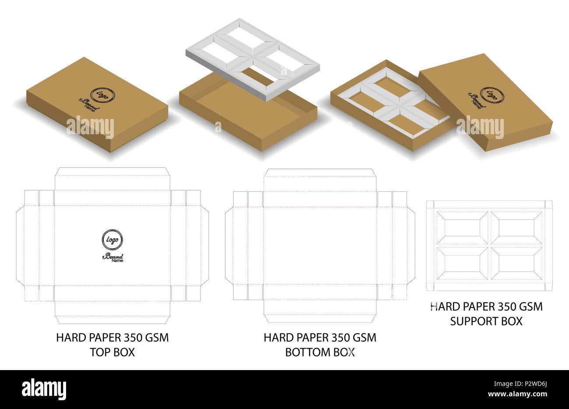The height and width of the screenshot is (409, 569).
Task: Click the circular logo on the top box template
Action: coord(112,240)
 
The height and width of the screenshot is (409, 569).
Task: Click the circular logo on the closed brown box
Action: coord(103,96)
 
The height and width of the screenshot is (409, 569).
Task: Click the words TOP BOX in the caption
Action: coord(112,353)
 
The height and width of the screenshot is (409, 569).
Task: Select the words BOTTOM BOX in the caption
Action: coord(320,353)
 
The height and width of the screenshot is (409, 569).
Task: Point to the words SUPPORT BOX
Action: coord(486,322)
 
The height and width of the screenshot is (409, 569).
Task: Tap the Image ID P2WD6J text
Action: coord(520,384)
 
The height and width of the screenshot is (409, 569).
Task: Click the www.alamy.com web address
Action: coord(517,394)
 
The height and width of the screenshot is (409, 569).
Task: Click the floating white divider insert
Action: coord(253,59)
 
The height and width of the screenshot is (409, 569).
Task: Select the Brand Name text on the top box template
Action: coord(113,258)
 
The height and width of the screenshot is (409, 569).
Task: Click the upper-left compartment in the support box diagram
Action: coord(463,228)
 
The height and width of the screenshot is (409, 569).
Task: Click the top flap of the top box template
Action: coord(112,179)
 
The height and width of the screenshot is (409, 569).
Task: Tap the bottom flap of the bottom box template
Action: coord(320,311)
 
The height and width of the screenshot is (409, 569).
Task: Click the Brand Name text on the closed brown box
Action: coord(89,105)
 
